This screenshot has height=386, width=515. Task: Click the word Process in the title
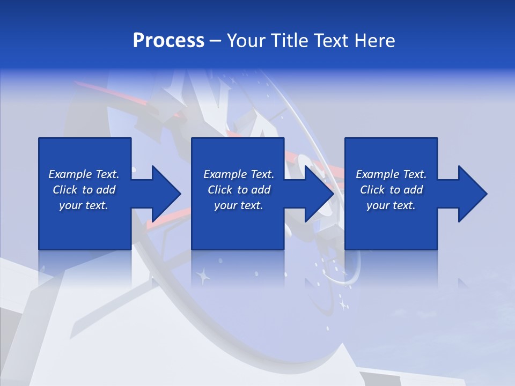pyautogui.click(x=168, y=41)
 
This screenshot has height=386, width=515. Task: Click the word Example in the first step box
pyautogui.click(x=70, y=174)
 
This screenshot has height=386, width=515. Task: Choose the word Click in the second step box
pyautogui.click(x=221, y=190)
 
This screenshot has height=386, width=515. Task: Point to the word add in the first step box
pyautogui.click(x=106, y=190)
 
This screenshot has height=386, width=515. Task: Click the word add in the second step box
pyautogui.click(x=261, y=190)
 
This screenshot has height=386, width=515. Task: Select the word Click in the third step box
pyautogui.click(x=373, y=190)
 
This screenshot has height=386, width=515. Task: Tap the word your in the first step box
pyautogui.click(x=70, y=205)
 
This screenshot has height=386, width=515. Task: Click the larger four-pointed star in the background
pyautogui.click(x=203, y=277)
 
